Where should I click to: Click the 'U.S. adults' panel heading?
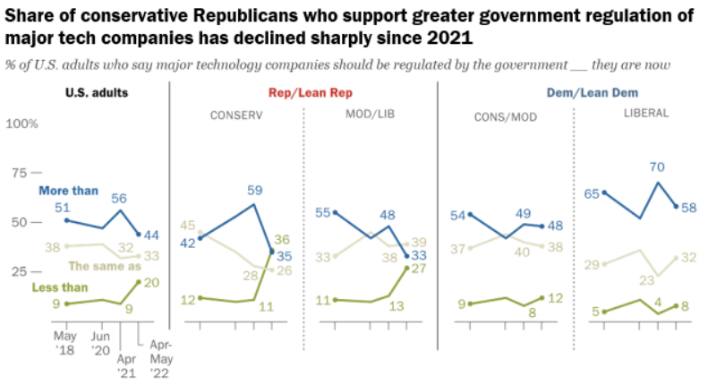[97, 93]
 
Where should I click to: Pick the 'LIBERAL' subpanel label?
[642, 116]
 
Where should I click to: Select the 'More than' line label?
[67, 191]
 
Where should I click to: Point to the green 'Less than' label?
[60, 287]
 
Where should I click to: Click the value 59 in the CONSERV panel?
[255, 190]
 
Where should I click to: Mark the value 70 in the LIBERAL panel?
[657, 167]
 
